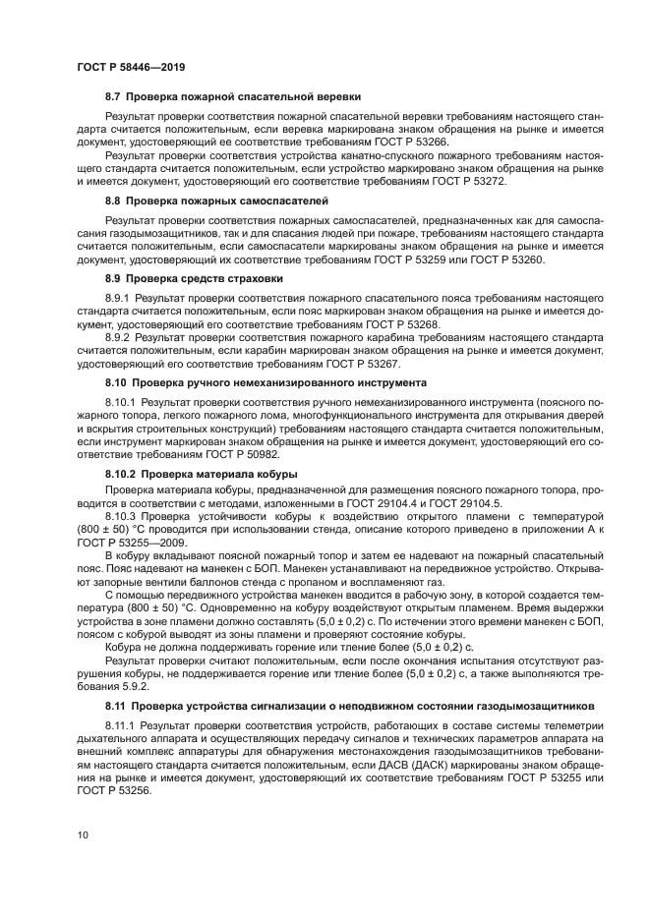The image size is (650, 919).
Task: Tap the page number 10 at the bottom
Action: (x=82, y=834)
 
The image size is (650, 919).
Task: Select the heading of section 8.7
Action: (x=233, y=97)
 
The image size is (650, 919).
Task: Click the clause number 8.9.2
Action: (x=121, y=335)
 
